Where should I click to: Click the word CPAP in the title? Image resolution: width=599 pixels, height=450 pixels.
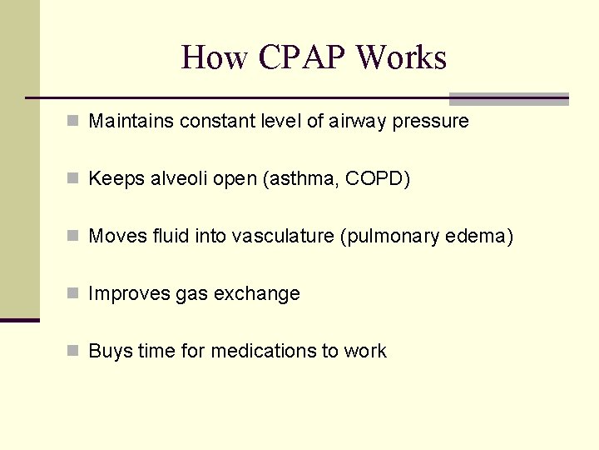click(302, 57)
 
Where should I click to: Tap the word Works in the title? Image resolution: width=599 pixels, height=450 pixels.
click(401, 57)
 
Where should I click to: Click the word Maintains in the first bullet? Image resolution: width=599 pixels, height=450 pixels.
click(129, 122)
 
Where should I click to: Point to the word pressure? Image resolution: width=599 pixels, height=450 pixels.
click(430, 122)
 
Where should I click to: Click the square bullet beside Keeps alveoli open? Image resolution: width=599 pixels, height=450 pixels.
click(74, 179)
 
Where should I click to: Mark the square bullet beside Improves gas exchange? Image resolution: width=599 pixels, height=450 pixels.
click(74, 294)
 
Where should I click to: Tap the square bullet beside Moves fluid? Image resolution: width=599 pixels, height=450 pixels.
click(74, 237)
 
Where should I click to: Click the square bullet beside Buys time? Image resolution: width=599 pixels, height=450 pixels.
click(74, 352)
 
